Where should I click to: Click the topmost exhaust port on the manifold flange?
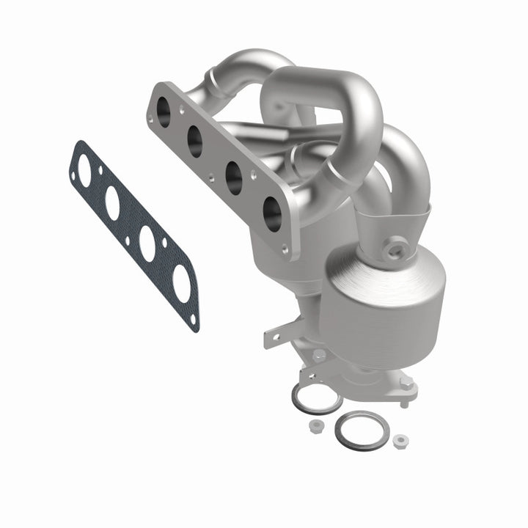click(163, 111)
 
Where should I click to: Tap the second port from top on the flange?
click(196, 142)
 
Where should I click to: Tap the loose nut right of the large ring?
click(400, 441)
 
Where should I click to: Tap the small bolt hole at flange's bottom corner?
click(285, 249)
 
